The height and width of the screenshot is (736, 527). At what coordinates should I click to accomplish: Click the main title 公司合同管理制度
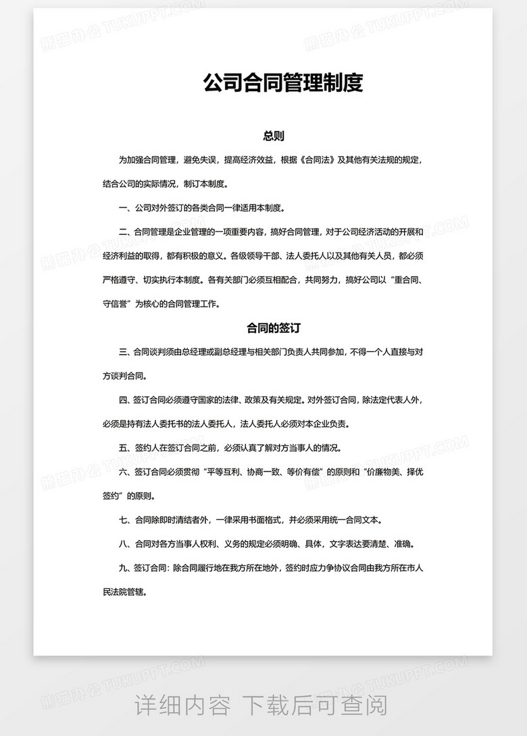[283, 84]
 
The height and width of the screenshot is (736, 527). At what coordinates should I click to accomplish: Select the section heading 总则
[273, 136]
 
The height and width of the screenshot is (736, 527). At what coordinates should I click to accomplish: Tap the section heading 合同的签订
[273, 328]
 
